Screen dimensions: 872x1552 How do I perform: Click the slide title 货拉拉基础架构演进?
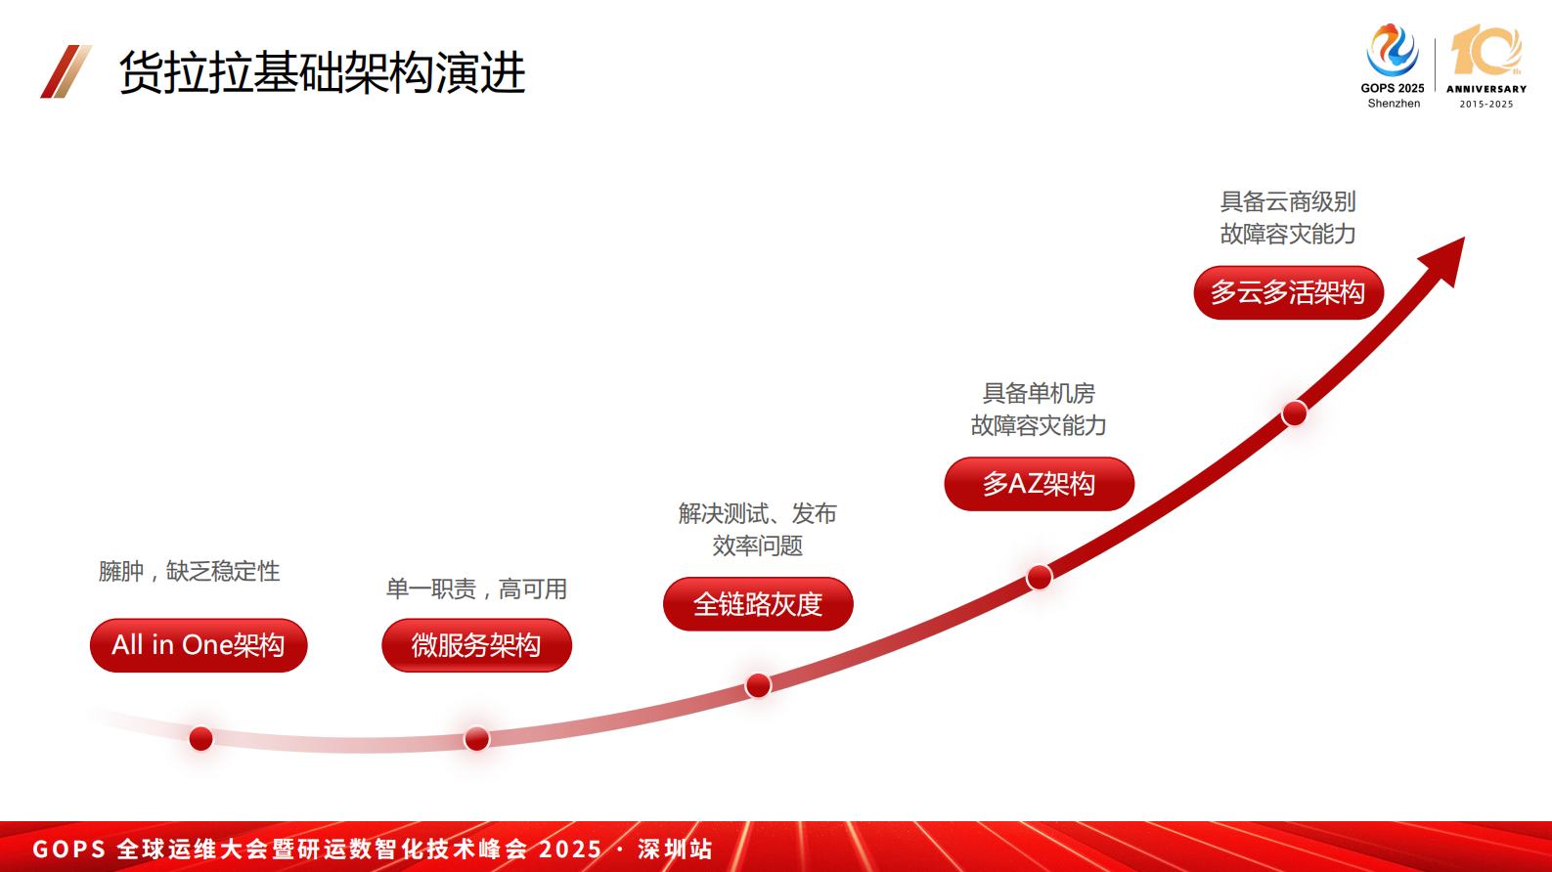[x=322, y=72]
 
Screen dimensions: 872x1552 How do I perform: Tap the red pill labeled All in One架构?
[x=199, y=645]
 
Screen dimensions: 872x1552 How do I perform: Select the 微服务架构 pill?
[x=476, y=645]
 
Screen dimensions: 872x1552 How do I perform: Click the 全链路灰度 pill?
[x=758, y=604]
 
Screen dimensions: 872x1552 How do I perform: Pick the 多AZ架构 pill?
[x=1039, y=484]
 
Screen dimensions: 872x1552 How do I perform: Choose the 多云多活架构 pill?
[x=1288, y=292]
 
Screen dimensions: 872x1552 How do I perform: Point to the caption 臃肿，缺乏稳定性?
[x=189, y=571]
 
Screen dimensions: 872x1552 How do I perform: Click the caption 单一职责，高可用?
[x=476, y=589]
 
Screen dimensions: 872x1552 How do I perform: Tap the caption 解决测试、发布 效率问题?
[x=758, y=529]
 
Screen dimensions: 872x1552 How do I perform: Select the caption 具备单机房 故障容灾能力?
[x=1039, y=409]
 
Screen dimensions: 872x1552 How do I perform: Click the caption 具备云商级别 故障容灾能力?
[x=1288, y=217]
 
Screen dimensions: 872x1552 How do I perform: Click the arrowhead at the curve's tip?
[x=1445, y=257]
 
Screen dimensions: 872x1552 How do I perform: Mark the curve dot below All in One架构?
[x=200, y=738]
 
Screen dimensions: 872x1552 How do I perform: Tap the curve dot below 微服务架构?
[x=476, y=738]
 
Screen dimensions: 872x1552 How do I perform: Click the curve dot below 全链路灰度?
[x=758, y=685]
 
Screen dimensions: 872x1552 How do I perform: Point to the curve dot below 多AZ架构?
[x=1039, y=577]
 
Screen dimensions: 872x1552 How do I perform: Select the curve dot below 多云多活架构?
[x=1295, y=414]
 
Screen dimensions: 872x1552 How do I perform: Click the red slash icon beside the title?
[x=66, y=71]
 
